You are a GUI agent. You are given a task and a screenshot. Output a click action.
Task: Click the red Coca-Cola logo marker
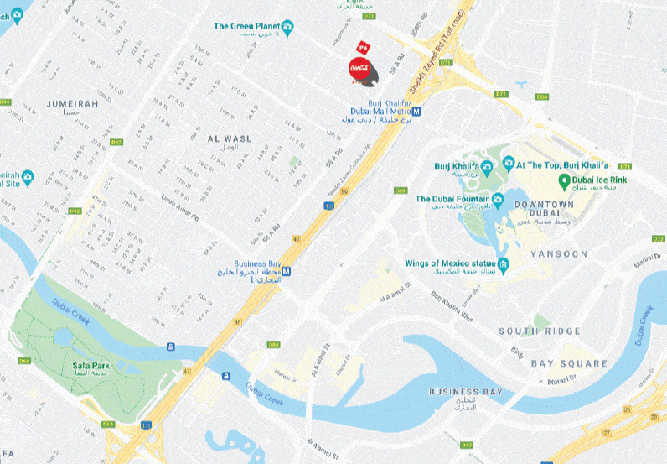(x=359, y=67)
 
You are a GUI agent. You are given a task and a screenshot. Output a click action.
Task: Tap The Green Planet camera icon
(x=288, y=27)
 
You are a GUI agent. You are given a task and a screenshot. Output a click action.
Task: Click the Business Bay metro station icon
(x=287, y=271)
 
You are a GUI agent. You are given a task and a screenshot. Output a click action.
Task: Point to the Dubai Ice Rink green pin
(x=565, y=180)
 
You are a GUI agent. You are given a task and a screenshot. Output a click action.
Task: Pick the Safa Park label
(x=90, y=368)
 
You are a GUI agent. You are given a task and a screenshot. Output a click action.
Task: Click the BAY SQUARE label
(x=569, y=363)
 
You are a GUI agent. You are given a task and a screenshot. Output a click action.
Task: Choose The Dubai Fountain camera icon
(x=498, y=199)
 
